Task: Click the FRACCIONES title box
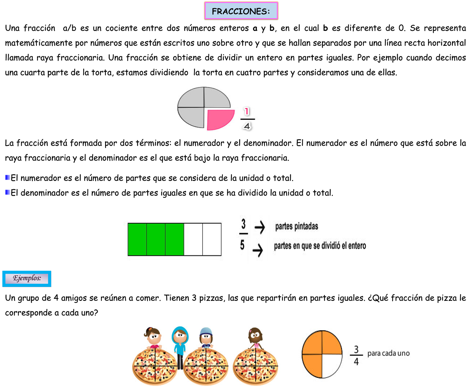pyautogui.click(x=241, y=11)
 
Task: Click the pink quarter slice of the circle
pyautogui.click(x=219, y=119)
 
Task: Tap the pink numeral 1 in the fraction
pyautogui.click(x=247, y=111)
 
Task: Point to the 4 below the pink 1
pyautogui.click(x=247, y=126)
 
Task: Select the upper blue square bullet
pyautogui.click(x=8, y=177)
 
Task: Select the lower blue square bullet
pyautogui.click(x=8, y=192)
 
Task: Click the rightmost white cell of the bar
pyautogui.click(x=212, y=239)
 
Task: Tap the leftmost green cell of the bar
pyautogui.click(x=137, y=239)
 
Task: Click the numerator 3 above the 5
pyautogui.click(x=243, y=224)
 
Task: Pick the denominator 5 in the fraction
pyautogui.click(x=242, y=245)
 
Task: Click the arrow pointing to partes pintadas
pyautogui.click(x=260, y=227)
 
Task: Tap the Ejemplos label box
pyautogui.click(x=27, y=279)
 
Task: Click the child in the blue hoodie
pyautogui.click(x=180, y=343)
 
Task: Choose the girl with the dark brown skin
pyautogui.click(x=255, y=338)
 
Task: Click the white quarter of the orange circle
pyautogui.click(x=332, y=365)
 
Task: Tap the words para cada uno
pyautogui.click(x=388, y=353)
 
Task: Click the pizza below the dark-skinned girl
pyautogui.click(x=256, y=367)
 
